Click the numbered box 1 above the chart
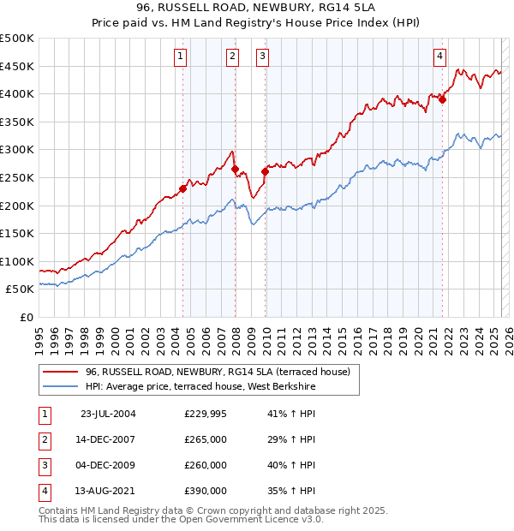(x=182, y=57)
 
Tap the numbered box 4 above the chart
(x=439, y=57)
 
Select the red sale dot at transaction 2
(x=235, y=170)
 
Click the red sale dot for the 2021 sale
(x=443, y=99)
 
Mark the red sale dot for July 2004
(x=183, y=189)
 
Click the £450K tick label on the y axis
(x=17, y=66)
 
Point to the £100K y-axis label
(x=17, y=261)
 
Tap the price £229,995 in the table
(x=206, y=414)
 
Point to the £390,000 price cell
(x=206, y=491)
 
